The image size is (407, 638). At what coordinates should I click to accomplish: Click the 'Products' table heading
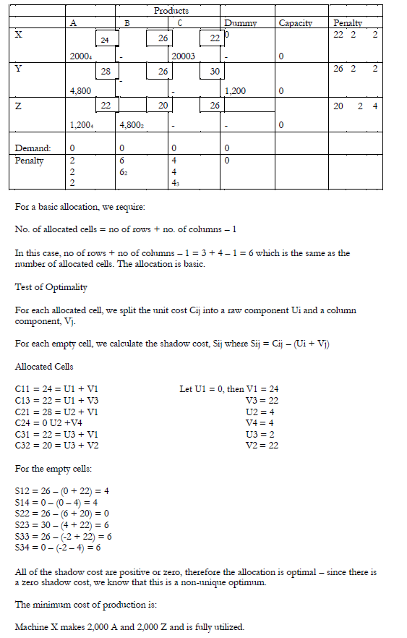[x=171, y=11]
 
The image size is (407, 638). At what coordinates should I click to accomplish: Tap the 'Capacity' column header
[x=296, y=23]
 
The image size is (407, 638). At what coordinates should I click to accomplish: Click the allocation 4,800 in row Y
[x=80, y=91]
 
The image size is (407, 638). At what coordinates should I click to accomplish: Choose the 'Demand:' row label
[x=33, y=148]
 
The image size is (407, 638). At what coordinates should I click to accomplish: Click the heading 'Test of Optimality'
[x=51, y=287]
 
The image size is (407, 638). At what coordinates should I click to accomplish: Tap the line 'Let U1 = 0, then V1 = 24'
[x=228, y=389]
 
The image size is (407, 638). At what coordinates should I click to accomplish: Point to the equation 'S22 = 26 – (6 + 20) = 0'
[x=61, y=513]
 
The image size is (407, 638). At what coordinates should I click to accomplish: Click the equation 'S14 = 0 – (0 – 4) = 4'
[x=61, y=502]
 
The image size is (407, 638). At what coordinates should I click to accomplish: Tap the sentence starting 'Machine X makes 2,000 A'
[x=129, y=626]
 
